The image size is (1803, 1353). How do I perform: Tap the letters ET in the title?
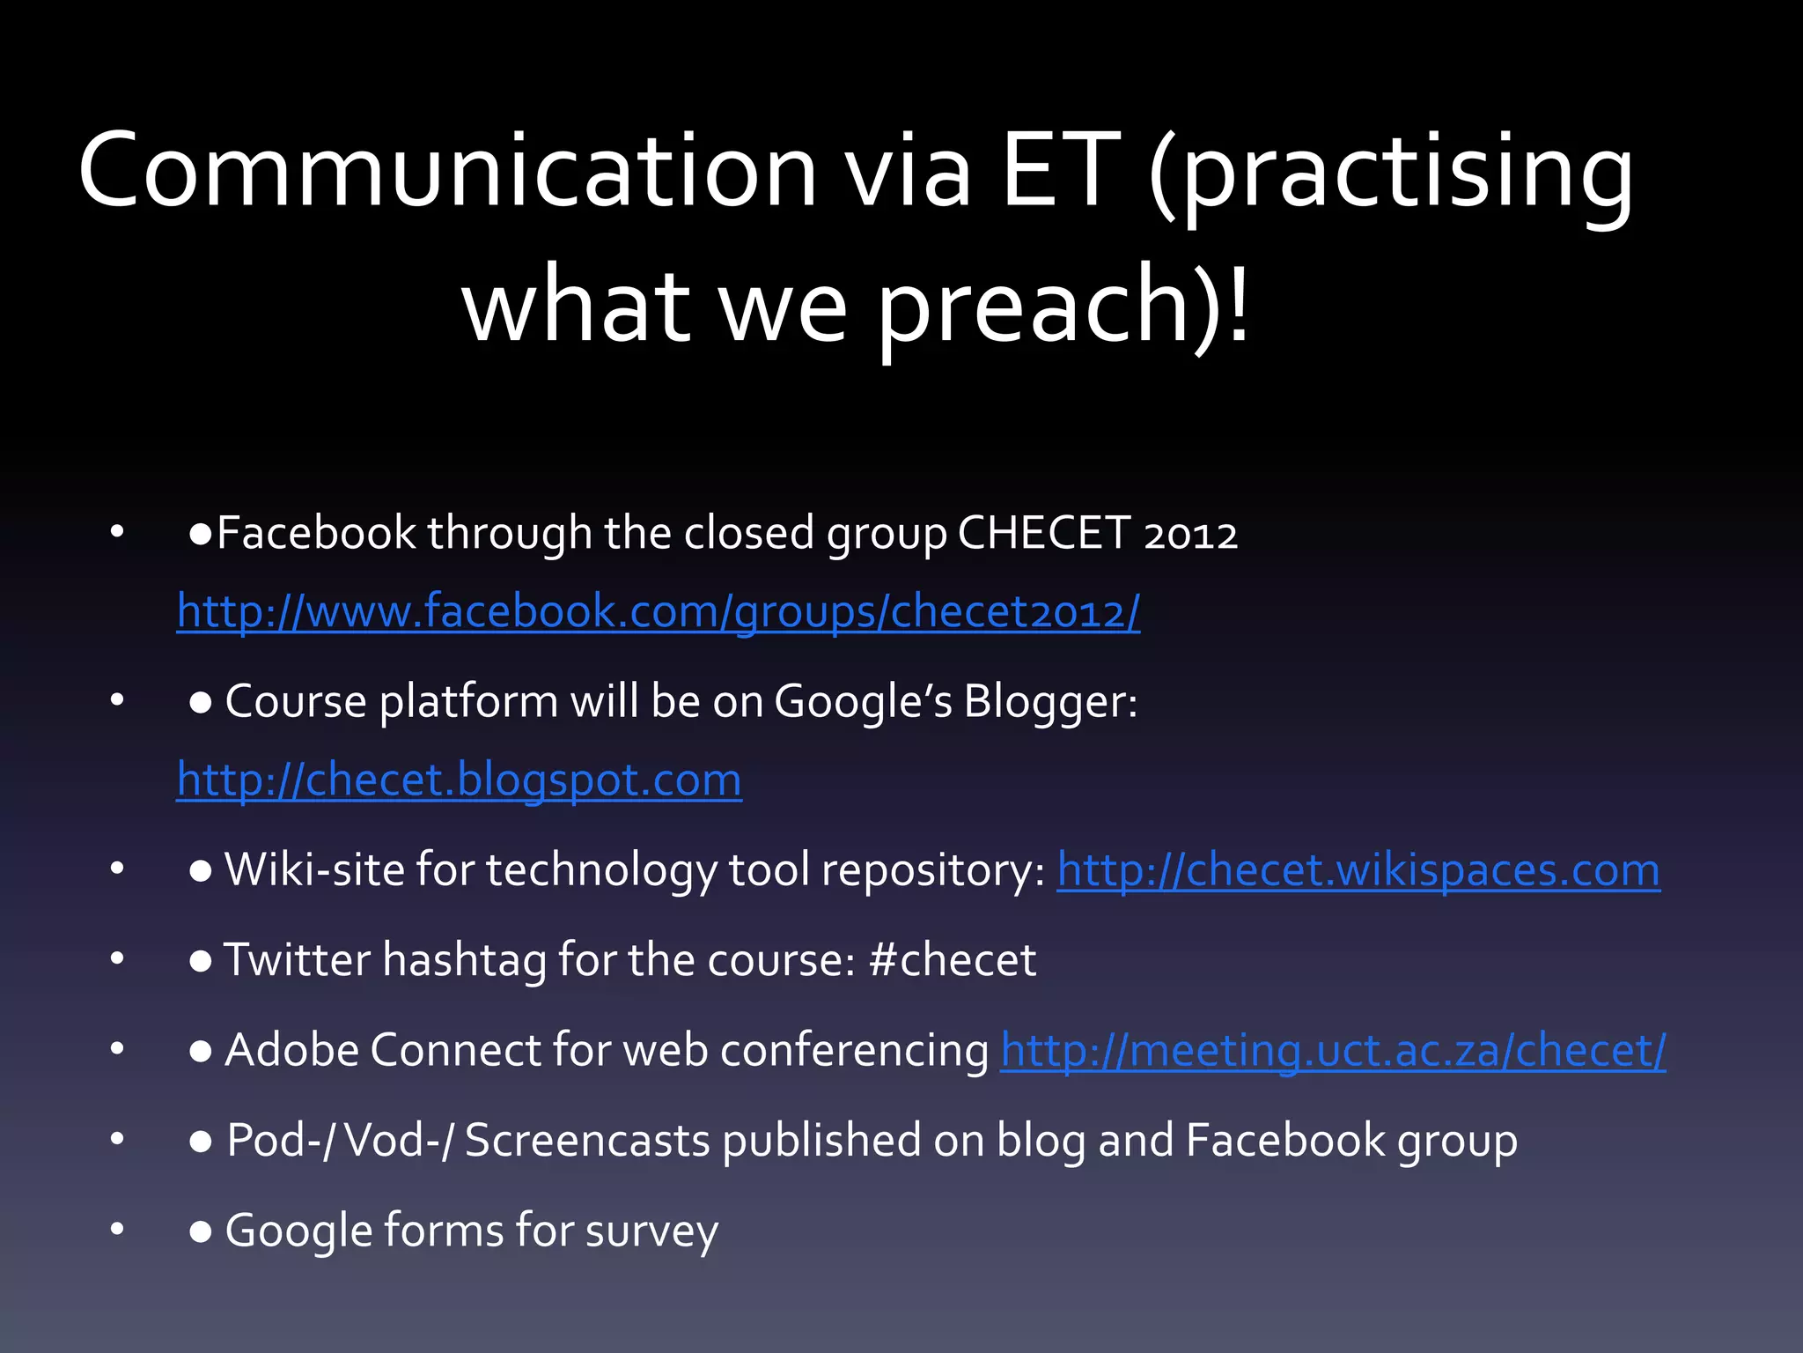click(x=1062, y=171)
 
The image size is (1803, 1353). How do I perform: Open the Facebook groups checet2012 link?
click(x=658, y=611)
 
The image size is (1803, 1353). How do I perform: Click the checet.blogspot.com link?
click(x=459, y=780)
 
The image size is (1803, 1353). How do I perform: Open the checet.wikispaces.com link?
click(x=1358, y=871)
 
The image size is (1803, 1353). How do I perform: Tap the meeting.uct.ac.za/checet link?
click(x=1333, y=1051)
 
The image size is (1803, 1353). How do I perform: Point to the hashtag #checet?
click(x=952, y=960)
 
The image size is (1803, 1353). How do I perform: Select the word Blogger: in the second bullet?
click(x=1050, y=702)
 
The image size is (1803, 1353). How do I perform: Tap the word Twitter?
click(x=297, y=960)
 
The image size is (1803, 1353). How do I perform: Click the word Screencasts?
click(x=587, y=1141)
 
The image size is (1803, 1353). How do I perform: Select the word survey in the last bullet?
click(x=651, y=1231)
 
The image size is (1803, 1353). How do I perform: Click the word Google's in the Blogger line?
click(x=863, y=702)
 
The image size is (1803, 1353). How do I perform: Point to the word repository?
click(x=933, y=871)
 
